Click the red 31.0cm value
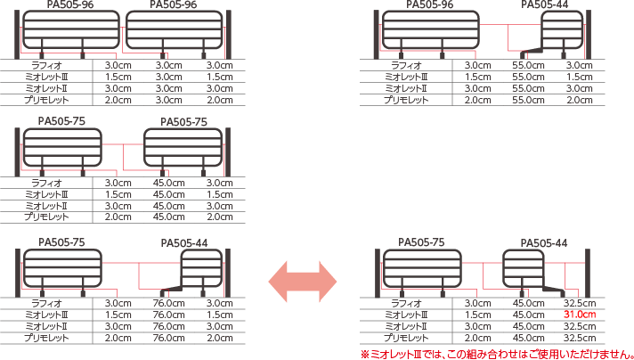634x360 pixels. pyautogui.click(x=580, y=315)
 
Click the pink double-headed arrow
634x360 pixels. pyautogui.click(x=303, y=282)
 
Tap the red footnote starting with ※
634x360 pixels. pyautogui.click(x=497, y=355)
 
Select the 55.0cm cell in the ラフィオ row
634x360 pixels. pyautogui.click(x=528, y=65)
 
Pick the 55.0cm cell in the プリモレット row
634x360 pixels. pyautogui.click(x=528, y=100)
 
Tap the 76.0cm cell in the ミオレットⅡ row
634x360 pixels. pyautogui.click(x=168, y=326)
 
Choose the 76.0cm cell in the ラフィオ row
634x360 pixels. pyautogui.click(x=168, y=303)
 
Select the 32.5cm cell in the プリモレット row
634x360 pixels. pyautogui.click(x=580, y=338)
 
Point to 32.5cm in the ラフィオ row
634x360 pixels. pyautogui.click(x=580, y=303)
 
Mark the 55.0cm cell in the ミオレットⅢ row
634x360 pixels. pyautogui.click(x=528, y=77)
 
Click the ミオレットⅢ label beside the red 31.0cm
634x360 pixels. pyautogui.click(x=406, y=315)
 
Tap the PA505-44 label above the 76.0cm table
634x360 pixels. pyautogui.click(x=184, y=243)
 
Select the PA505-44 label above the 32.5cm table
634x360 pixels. pyautogui.click(x=544, y=243)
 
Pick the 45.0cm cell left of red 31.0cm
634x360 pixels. pyautogui.click(x=528, y=315)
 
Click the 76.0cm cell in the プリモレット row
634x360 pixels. pyautogui.click(x=168, y=338)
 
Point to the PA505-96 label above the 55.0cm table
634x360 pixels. pyautogui.click(x=430, y=4)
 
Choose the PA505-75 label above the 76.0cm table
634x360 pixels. pyautogui.click(x=61, y=242)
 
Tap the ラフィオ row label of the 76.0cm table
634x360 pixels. pyautogui.click(x=47, y=303)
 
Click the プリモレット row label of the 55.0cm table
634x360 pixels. pyautogui.click(x=406, y=100)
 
